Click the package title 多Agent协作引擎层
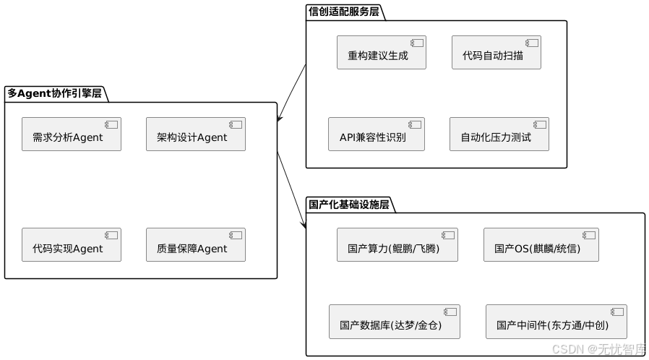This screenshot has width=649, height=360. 54,93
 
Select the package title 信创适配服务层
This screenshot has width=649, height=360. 343,12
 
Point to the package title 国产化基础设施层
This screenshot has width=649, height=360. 349,205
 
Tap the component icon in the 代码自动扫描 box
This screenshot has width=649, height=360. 533,42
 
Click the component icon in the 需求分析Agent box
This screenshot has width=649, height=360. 112,124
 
